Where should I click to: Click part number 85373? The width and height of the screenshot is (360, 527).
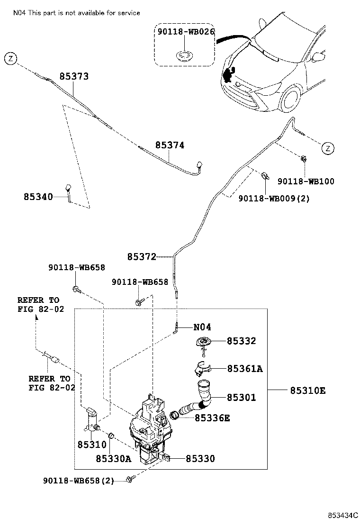[x=74, y=76]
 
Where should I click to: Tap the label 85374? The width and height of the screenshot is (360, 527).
[x=169, y=145]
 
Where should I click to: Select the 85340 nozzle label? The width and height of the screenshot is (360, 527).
[x=38, y=196]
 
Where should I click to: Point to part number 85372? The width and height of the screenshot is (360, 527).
[x=142, y=257]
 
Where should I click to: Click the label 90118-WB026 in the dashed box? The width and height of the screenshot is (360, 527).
[x=186, y=32]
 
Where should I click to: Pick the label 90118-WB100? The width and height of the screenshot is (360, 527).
[x=306, y=181]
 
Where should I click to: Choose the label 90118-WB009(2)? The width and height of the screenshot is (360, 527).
[x=274, y=199]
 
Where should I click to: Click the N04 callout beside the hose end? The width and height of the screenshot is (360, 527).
[x=202, y=327]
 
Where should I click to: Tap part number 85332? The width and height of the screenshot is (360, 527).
[x=241, y=341]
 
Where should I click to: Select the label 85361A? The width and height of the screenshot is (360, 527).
[x=244, y=368]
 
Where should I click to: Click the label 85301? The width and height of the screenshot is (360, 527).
[x=241, y=398]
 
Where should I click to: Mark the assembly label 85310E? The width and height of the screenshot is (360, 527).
[x=307, y=391]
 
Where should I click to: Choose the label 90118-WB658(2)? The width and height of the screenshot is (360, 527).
[x=79, y=481]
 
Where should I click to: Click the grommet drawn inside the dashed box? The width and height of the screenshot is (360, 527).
[x=184, y=55]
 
